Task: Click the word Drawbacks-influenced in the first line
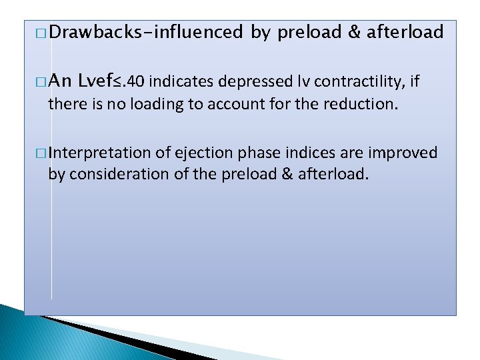(145, 32)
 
